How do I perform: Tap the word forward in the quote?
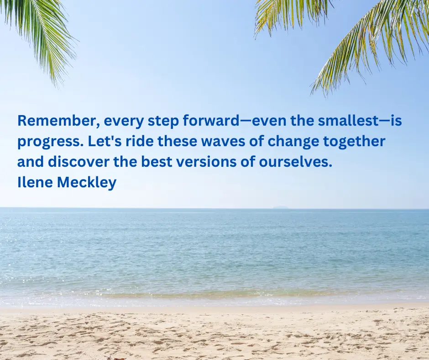[x=211, y=121]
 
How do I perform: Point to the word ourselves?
[x=295, y=161]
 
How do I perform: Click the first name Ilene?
[x=35, y=182]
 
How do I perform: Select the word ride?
[x=140, y=141]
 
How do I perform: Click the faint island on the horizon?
[x=281, y=207]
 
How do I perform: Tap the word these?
[x=177, y=141]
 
